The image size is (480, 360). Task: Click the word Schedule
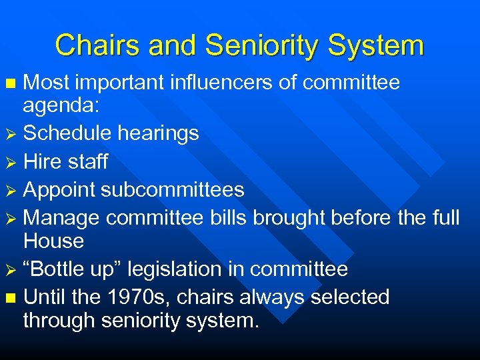tap(67, 133)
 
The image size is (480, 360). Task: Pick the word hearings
tap(159, 133)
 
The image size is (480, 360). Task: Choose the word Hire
tap(43, 161)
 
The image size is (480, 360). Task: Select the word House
tap(53, 241)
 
